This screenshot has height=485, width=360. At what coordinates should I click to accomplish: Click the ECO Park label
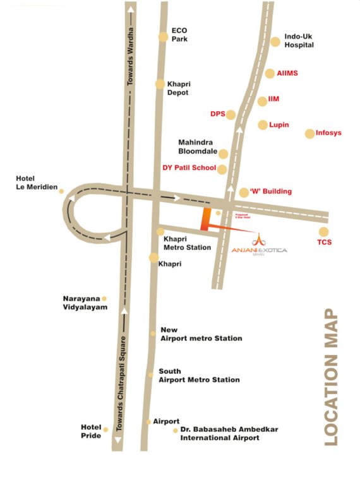(180, 35)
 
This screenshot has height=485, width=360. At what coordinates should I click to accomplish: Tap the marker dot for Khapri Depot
(160, 84)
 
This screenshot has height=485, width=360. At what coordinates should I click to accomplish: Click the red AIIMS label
(287, 73)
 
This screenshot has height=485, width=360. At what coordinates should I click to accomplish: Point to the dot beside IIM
(263, 102)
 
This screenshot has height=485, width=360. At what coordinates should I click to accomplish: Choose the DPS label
(217, 114)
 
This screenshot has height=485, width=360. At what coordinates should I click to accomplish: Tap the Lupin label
(279, 125)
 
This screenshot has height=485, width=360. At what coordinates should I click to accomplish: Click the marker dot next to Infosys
(309, 133)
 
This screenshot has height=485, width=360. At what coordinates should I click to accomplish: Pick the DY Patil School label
(188, 169)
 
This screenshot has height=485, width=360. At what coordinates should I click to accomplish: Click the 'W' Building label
(270, 191)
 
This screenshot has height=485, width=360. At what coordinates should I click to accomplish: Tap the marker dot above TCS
(324, 232)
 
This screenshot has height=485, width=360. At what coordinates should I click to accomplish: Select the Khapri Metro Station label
(187, 244)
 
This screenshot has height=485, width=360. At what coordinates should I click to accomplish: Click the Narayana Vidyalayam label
(85, 302)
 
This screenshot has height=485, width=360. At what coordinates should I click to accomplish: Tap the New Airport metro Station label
(201, 334)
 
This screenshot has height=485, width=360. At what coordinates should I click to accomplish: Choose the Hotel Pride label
(91, 431)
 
